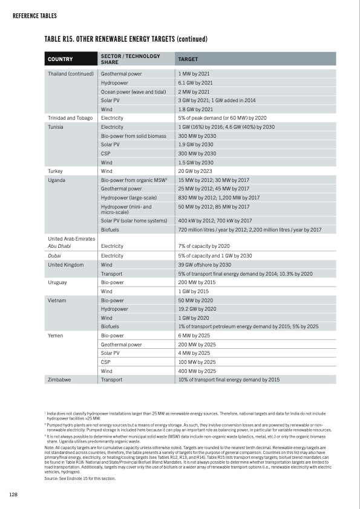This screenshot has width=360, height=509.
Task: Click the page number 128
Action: [x=12, y=495]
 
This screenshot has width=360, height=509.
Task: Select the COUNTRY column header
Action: [x=61, y=59]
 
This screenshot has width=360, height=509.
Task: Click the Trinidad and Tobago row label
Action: [x=69, y=118]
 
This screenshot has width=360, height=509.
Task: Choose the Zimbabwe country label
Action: [x=59, y=380]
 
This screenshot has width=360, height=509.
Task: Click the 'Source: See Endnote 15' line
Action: [x=76, y=478]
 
